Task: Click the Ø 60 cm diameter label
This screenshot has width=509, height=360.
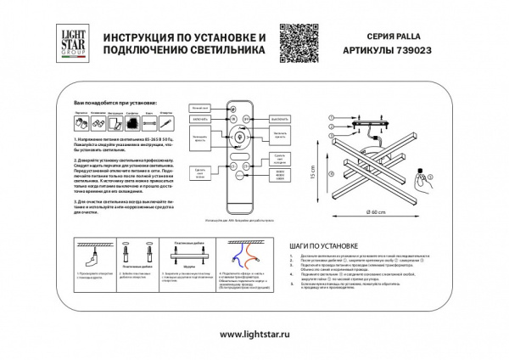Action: pyautogui.click(x=377, y=211)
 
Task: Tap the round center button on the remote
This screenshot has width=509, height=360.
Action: pyautogui.click(x=238, y=137)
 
